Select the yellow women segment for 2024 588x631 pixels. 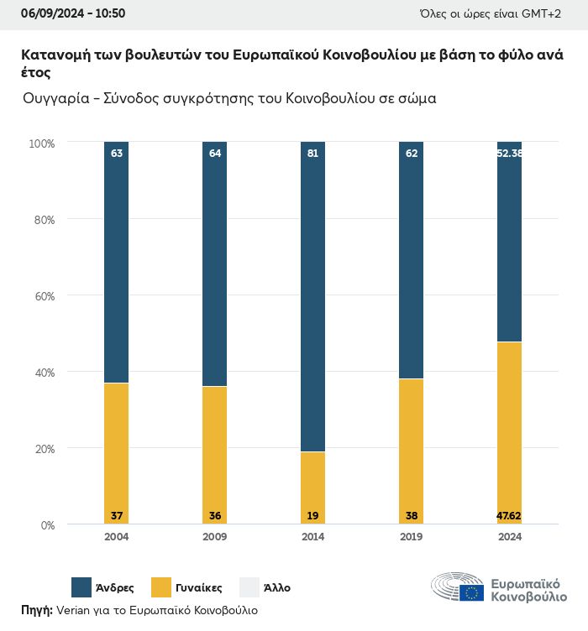tap(509, 432)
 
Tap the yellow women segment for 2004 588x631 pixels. tap(116, 453)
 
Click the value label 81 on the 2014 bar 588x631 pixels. tap(312, 154)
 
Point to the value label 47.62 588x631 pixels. tap(509, 515)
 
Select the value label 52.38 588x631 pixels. tap(509, 154)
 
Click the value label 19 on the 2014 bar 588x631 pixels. tap(312, 515)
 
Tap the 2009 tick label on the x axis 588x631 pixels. tap(214, 537)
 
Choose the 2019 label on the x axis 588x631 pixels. tap(411, 537)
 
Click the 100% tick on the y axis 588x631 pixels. tap(40, 143)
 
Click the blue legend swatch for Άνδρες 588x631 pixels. tap(82, 587)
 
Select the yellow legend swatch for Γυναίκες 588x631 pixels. tap(161, 587)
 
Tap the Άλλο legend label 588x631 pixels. tap(276, 588)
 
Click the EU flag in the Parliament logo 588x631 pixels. tap(471, 592)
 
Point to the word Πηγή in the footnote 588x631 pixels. tap(36, 610)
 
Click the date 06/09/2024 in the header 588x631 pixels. tap(50, 13)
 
